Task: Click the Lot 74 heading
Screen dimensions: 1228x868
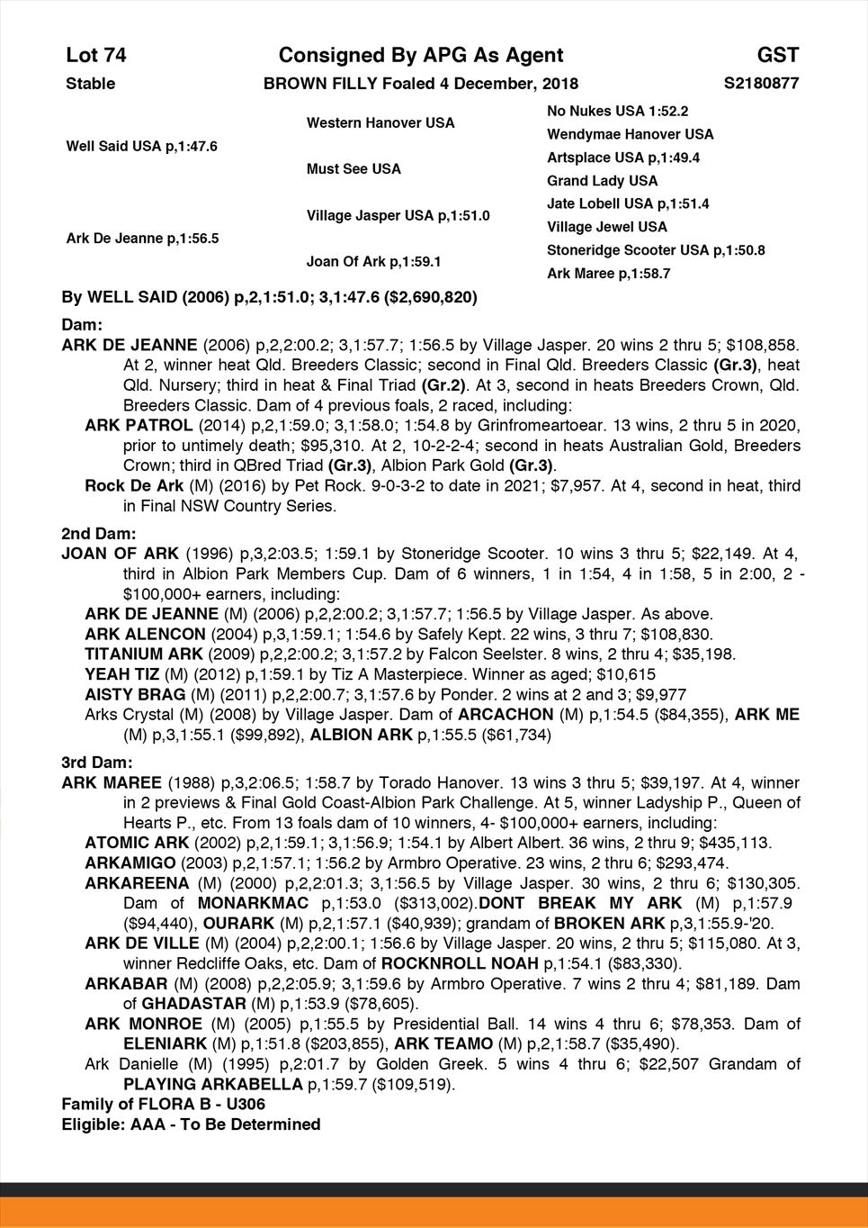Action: click(x=96, y=56)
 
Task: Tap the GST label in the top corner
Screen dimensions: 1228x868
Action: click(x=778, y=56)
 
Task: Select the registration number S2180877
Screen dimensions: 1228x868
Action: click(x=761, y=84)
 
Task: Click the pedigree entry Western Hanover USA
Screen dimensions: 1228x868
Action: click(x=380, y=122)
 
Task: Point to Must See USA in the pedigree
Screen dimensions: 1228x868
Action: click(x=353, y=169)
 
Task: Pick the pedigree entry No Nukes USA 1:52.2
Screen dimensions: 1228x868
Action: click(x=617, y=111)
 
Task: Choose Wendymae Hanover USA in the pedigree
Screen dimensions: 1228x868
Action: click(x=630, y=134)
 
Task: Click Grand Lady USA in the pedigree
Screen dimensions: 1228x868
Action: click(x=602, y=181)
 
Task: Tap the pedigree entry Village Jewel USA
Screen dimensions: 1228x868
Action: click(x=607, y=227)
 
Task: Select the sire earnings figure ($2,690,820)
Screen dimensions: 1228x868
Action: click(x=430, y=297)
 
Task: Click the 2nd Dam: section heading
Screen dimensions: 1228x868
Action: click(x=98, y=533)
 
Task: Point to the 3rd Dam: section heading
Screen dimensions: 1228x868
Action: click(x=97, y=763)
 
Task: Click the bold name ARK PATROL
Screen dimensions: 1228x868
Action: click(x=138, y=426)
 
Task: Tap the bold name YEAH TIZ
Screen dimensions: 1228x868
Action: click(x=122, y=674)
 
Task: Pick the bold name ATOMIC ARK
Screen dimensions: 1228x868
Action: click(x=137, y=844)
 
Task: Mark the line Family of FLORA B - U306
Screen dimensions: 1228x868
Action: click(x=163, y=1104)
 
